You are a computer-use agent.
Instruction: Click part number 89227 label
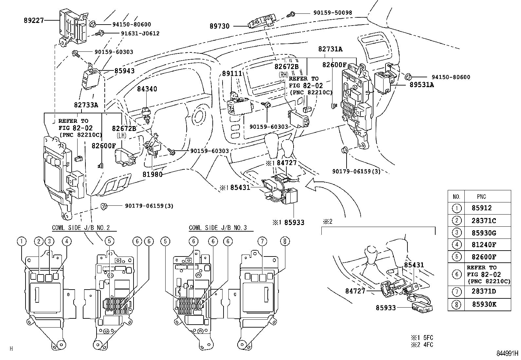[x=34, y=20]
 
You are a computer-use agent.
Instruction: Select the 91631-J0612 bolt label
[x=140, y=33]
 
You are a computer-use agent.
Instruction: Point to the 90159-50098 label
[x=332, y=13]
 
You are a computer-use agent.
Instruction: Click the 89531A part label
[x=422, y=85]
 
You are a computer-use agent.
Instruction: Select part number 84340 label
[x=147, y=89]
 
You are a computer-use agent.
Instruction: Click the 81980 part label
[x=153, y=175]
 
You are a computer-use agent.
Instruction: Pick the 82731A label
[x=330, y=49]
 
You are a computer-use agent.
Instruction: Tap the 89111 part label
[x=232, y=74]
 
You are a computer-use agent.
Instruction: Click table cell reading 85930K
[x=484, y=304]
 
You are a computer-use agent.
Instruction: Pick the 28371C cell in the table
[x=484, y=221]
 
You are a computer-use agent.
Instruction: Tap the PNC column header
[x=481, y=197]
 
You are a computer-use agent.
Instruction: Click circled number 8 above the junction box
[x=285, y=241]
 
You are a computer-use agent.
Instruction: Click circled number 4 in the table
[x=457, y=244]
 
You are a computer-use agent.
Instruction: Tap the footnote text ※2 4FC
[x=422, y=345]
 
